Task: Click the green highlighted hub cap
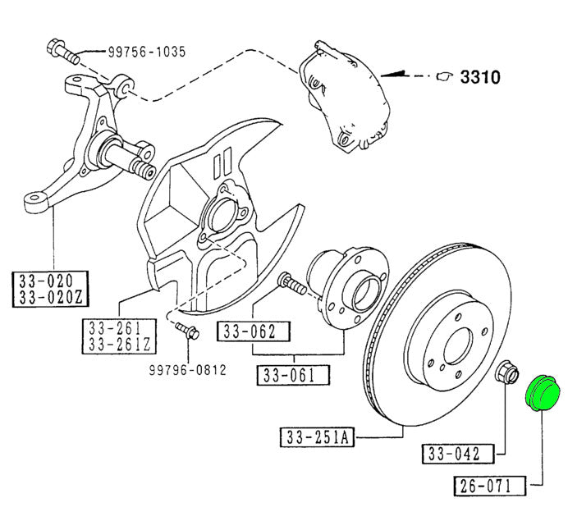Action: tap(541, 391)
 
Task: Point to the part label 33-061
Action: tap(294, 377)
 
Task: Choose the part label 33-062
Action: tap(254, 331)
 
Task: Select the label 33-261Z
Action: tap(120, 343)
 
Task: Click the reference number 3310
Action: tap(480, 77)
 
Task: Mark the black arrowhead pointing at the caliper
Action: tap(398, 75)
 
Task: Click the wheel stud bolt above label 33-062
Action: tap(291, 284)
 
